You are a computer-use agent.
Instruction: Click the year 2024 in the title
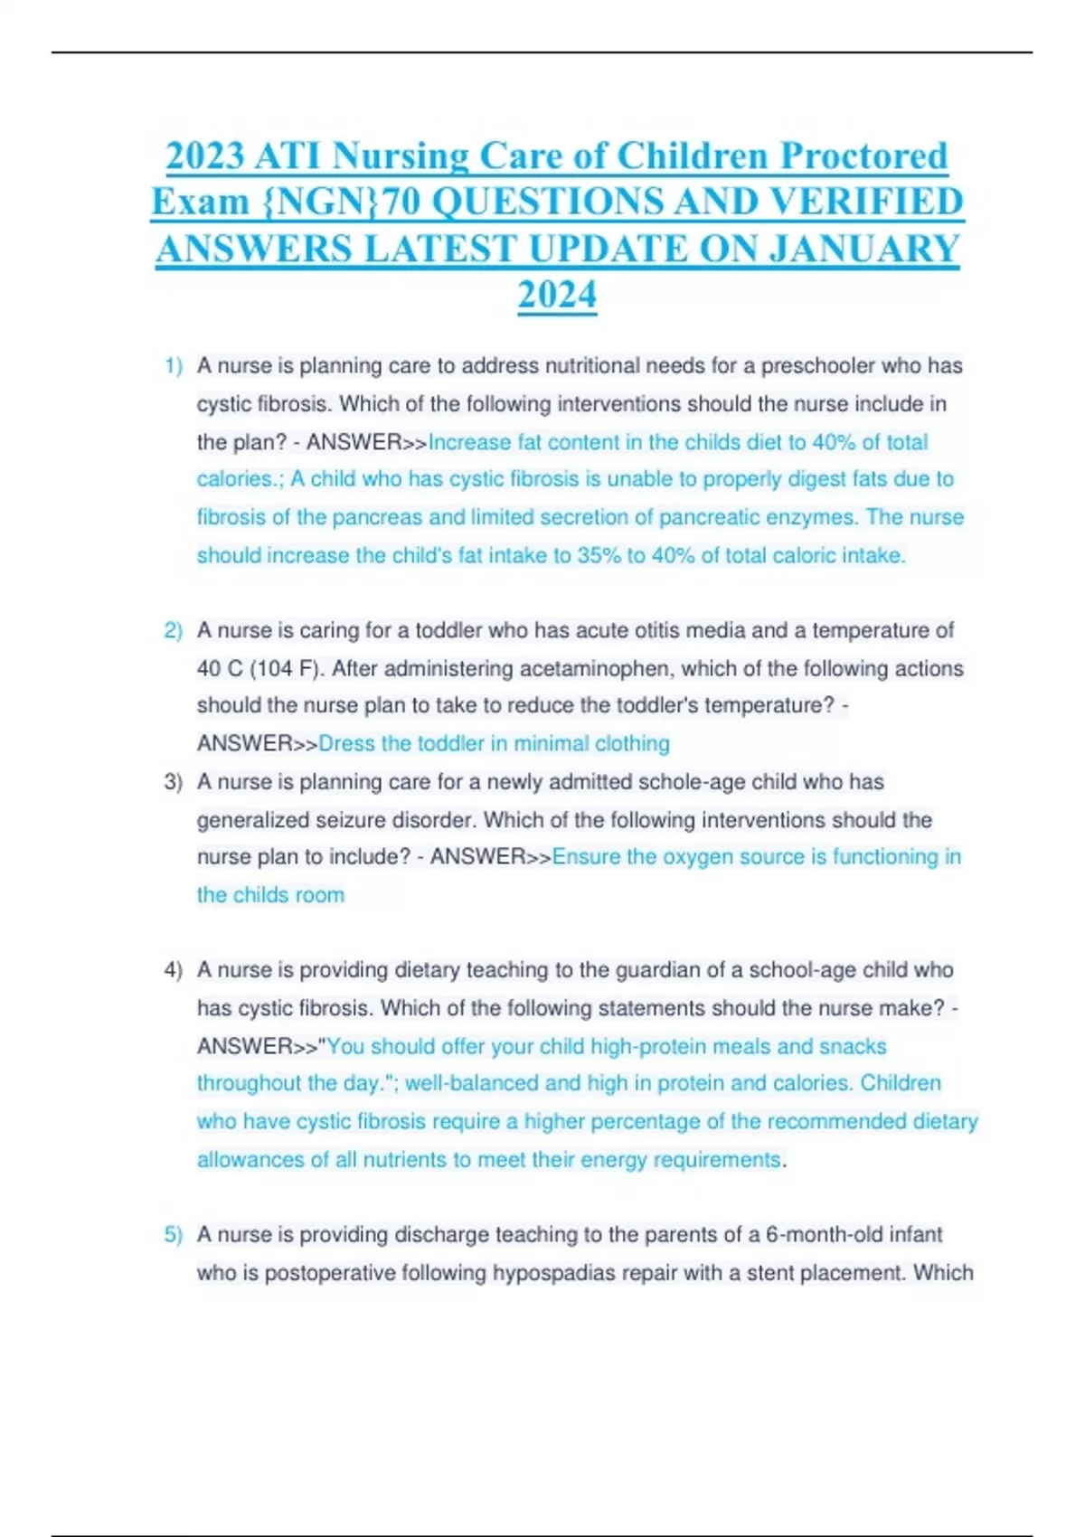pos(557,295)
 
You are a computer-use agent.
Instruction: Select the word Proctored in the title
pos(863,156)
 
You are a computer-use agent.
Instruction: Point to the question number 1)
pos(174,366)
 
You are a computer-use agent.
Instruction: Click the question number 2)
pos(174,630)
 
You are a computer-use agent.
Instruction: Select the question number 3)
pos(174,782)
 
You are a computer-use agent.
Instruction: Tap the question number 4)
pos(174,970)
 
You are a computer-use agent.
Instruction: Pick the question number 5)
pos(174,1234)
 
